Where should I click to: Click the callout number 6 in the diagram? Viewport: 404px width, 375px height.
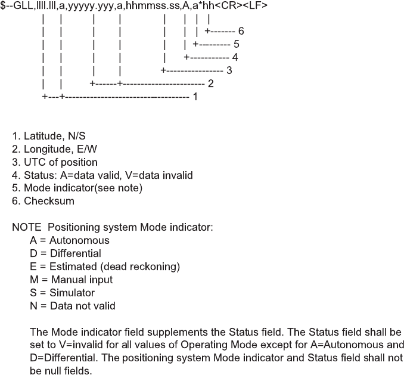click(240, 30)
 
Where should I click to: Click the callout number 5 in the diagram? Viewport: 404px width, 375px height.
click(236, 44)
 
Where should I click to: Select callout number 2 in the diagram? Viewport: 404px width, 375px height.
click(210, 83)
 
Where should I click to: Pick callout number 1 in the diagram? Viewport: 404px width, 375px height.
click(195, 97)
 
